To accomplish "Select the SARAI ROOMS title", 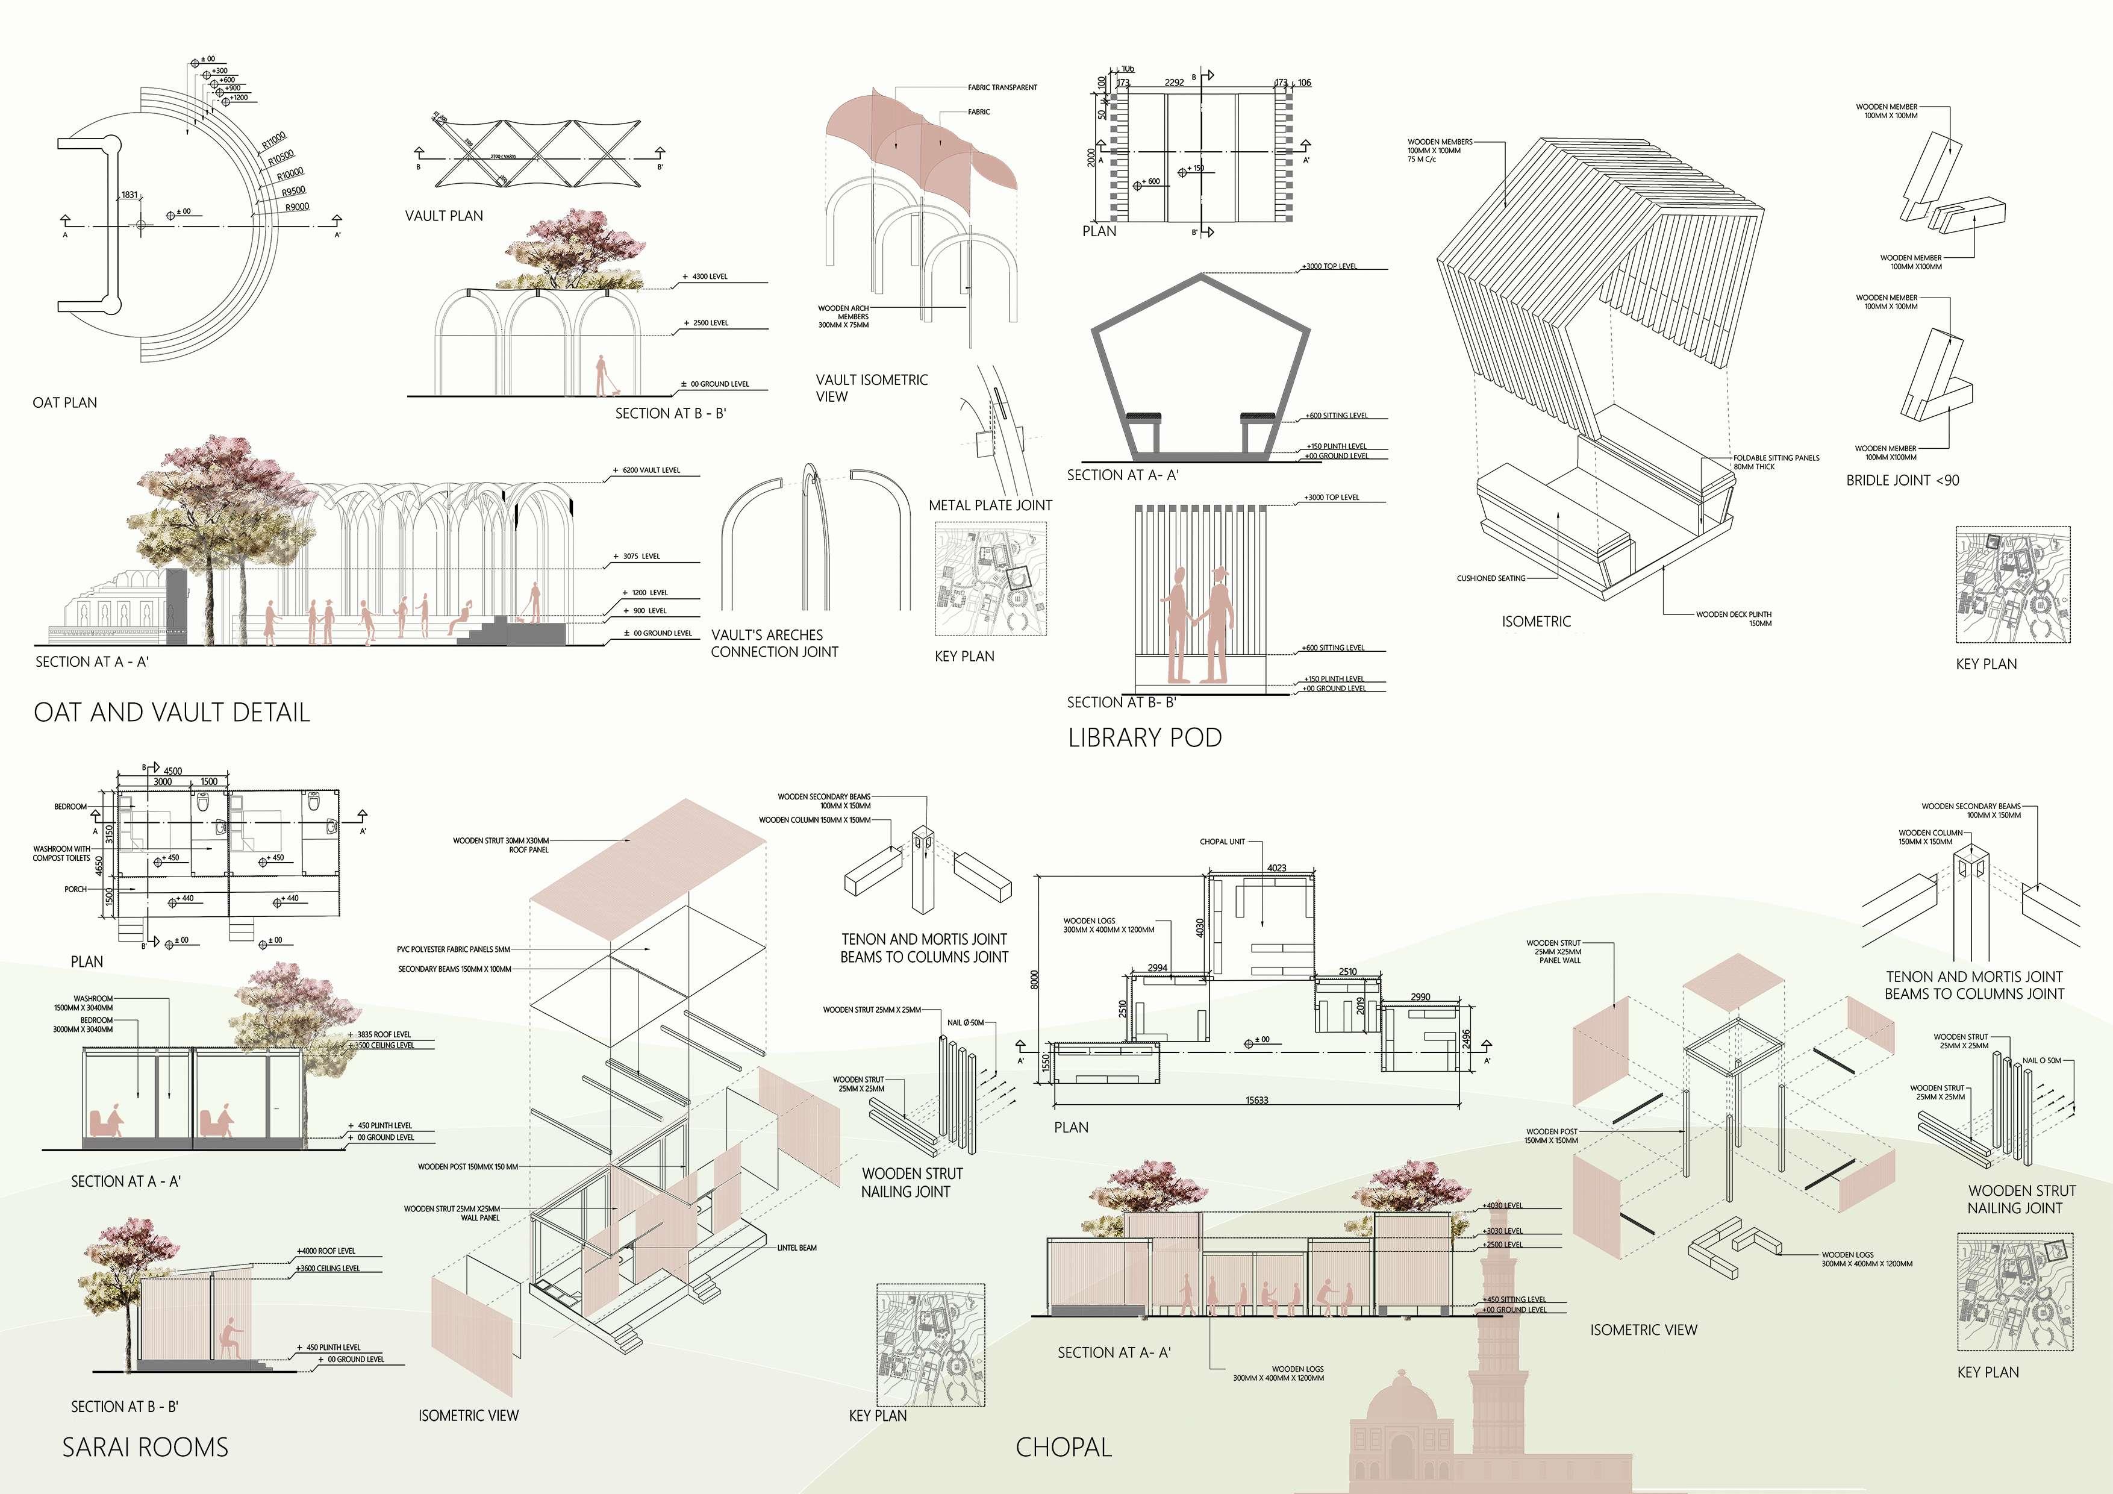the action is (x=145, y=1447).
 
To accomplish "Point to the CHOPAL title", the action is (x=1063, y=1447).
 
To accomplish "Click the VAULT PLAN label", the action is (x=443, y=216).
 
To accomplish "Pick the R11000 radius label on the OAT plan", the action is (x=273, y=140).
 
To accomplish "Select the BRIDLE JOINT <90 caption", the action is (x=1902, y=480).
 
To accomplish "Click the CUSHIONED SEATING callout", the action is (x=1490, y=578).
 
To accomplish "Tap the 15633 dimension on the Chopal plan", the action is (x=1256, y=1100).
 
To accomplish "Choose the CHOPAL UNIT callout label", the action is (x=1222, y=842).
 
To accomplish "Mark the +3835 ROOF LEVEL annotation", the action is (x=384, y=1035).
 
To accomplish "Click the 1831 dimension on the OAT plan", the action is (x=129, y=195).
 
